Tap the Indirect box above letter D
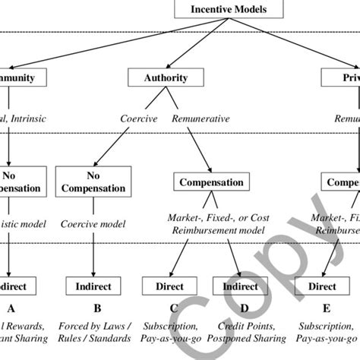point(238,287)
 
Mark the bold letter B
point(95,309)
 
